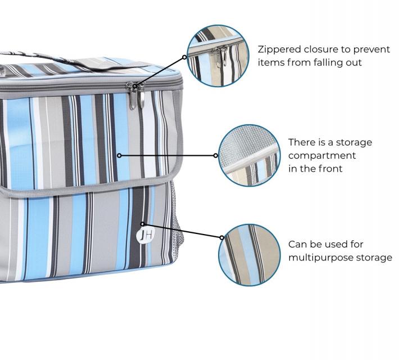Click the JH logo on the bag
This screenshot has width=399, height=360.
click(x=146, y=236)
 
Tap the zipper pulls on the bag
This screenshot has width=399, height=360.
click(x=135, y=95)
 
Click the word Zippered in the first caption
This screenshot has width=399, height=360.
click(x=278, y=49)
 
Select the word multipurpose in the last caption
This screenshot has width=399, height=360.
click(x=321, y=258)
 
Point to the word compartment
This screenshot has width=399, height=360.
click(x=322, y=155)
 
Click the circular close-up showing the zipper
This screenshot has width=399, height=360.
click(x=218, y=56)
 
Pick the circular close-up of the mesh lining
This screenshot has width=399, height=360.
click(x=250, y=155)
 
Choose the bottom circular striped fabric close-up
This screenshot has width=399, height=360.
click(x=250, y=255)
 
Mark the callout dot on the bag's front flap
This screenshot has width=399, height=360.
click(x=119, y=155)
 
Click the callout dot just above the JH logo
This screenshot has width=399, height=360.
click(x=143, y=224)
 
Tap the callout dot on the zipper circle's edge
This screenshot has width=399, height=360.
click(x=184, y=57)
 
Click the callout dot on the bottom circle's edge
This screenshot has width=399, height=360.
click(x=222, y=237)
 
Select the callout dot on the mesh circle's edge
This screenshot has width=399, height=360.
click(x=216, y=155)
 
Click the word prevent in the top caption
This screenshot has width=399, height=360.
click(x=372, y=49)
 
